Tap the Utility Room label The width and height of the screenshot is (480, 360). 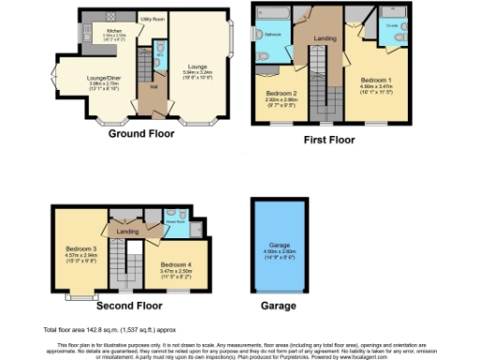pos(152,19)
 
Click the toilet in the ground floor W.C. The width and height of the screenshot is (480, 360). pos(158,49)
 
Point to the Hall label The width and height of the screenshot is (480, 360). pos(152,87)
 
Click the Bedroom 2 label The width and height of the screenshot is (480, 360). pos(281,94)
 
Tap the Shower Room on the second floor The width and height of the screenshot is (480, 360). pos(173,222)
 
